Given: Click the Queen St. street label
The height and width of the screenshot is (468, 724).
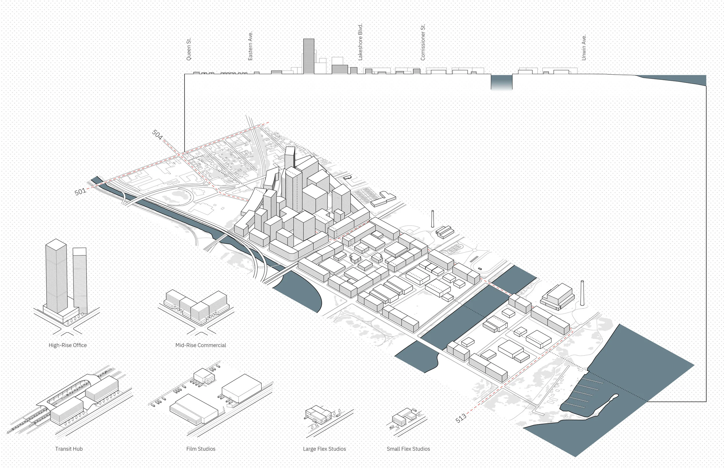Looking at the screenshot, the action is click(189, 49).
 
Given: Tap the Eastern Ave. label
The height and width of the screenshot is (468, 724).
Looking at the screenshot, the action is click(250, 46).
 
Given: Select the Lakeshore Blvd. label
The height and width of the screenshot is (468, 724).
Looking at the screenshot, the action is click(360, 42).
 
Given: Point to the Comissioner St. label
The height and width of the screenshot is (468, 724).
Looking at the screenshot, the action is click(423, 43).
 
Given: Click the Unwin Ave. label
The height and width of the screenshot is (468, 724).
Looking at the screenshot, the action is click(584, 48).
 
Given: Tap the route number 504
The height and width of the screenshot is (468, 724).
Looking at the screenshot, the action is click(157, 134).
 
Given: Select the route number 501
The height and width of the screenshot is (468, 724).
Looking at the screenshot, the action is click(80, 192).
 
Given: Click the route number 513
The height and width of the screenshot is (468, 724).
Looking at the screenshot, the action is click(461, 418).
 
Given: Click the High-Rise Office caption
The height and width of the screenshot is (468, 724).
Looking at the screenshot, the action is click(67, 345).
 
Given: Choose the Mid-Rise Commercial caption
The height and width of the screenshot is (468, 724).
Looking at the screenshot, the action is click(201, 345).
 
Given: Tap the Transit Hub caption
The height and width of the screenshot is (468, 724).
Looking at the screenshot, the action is click(69, 449).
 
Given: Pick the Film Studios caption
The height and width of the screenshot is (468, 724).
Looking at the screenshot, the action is click(201, 449).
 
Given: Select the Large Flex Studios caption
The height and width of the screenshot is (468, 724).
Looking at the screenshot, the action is click(324, 449).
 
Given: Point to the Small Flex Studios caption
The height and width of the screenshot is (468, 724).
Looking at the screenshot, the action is click(408, 449).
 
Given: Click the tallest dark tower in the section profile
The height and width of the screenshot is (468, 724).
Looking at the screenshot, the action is click(309, 56).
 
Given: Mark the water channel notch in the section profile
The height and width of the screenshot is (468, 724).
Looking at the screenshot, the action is click(502, 82).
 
